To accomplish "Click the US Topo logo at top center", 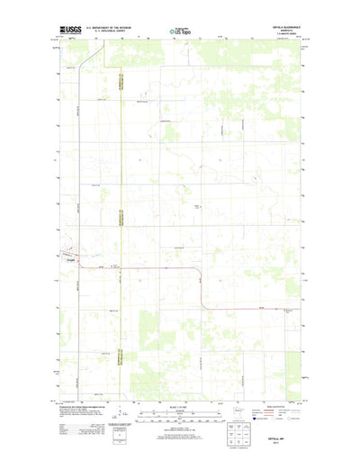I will click(x=180, y=32).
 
